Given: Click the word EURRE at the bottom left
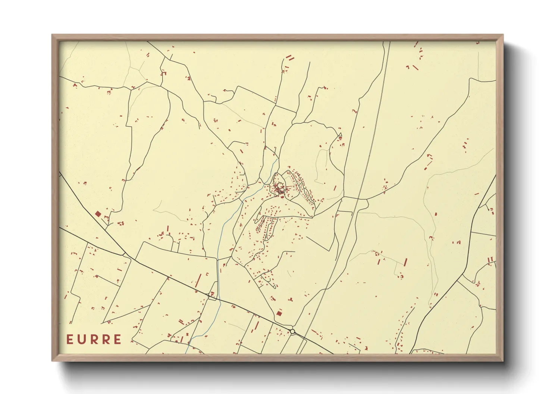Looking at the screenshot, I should (x=94, y=339).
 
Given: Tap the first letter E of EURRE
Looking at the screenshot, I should (x=70, y=339).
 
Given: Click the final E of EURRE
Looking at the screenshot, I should (x=118, y=339).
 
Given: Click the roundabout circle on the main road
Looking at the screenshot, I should (x=293, y=331).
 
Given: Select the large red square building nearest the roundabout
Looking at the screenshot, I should (x=279, y=314).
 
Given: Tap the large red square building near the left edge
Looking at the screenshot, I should (x=98, y=214).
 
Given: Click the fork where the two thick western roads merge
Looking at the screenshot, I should (x=124, y=254).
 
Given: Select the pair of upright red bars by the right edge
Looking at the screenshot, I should (x=490, y=260).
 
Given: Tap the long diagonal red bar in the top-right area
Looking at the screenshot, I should (x=415, y=67).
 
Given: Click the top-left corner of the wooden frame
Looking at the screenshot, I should (x=52, y=35).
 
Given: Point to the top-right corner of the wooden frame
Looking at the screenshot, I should (x=503, y=35).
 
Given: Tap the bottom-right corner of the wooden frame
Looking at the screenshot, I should (x=503, y=360).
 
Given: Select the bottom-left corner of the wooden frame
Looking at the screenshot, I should (x=52, y=360).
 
